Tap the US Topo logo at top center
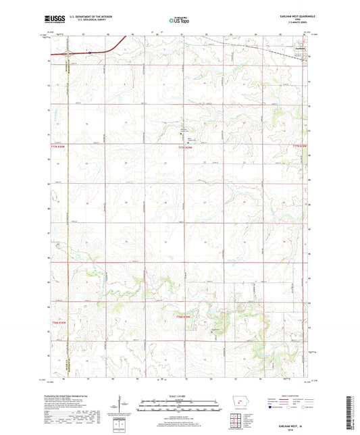(x=178, y=20)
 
